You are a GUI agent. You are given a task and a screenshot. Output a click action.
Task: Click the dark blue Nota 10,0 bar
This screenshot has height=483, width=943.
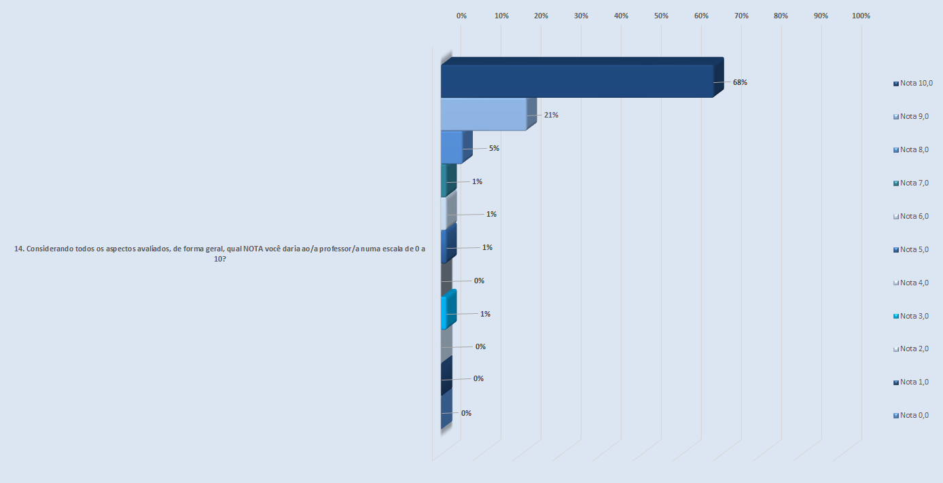tap(577, 81)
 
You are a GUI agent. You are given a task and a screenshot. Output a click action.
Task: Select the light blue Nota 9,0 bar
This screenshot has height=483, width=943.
tap(484, 114)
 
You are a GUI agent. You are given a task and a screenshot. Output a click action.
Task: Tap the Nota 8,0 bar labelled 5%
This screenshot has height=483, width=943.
tap(452, 147)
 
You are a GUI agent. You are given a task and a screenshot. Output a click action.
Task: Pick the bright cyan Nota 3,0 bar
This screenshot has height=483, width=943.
tap(444, 312)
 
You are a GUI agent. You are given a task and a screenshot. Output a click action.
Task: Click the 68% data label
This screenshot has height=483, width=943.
tap(740, 82)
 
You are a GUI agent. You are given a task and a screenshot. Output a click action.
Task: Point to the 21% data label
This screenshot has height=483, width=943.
tap(551, 115)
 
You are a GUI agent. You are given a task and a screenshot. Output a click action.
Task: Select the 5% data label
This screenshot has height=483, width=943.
tap(494, 148)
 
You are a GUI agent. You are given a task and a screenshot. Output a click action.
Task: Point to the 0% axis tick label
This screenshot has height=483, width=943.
tap(461, 16)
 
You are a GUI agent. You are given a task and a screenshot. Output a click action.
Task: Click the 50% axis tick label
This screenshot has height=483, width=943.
tap(661, 16)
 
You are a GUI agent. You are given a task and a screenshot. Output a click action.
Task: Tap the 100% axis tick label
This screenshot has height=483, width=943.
tap(861, 16)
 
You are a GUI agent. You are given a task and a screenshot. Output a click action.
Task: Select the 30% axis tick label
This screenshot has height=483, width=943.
tap(581, 16)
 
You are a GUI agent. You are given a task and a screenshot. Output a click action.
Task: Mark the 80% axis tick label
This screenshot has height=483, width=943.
tap(781, 16)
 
